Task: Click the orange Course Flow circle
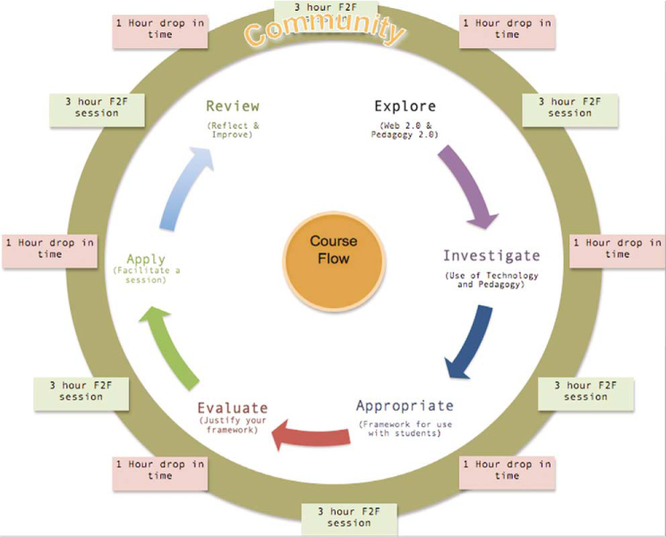[332, 250]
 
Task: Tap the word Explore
[405, 106]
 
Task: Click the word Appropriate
[405, 405]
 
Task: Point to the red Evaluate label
[232, 408]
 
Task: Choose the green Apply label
[146, 260]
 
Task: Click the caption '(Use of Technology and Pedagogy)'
[491, 280]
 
